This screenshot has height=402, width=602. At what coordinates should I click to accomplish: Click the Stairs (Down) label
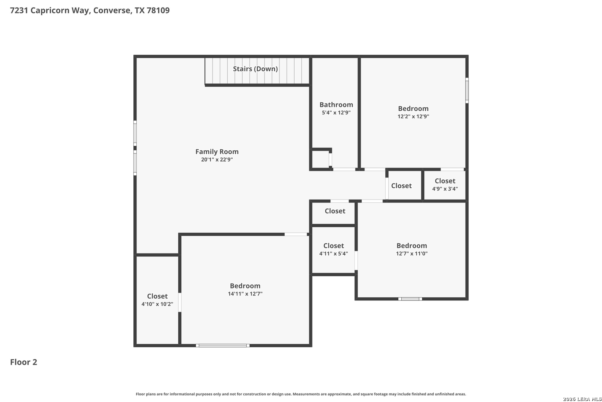tap(255, 69)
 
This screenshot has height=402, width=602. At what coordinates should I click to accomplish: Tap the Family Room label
tap(217, 152)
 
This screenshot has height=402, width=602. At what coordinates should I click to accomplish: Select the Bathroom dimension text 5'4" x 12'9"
tap(336, 112)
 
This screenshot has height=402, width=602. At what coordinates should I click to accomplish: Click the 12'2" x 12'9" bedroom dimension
tap(413, 116)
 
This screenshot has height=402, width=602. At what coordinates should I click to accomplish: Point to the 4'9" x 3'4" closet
tap(445, 185)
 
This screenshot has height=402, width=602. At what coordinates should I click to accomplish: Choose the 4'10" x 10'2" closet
tap(157, 300)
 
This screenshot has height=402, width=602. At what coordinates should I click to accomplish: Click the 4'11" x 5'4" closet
tap(333, 250)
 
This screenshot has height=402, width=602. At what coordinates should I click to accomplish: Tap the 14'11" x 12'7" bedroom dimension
tap(245, 293)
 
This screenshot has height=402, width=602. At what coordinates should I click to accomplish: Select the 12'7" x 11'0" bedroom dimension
tap(412, 253)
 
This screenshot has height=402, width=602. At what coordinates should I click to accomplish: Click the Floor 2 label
tap(24, 362)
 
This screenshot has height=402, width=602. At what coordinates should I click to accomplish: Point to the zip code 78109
tap(158, 10)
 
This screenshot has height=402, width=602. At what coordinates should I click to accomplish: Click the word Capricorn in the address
tap(59, 10)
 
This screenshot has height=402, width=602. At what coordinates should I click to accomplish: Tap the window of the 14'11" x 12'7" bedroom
tap(223, 345)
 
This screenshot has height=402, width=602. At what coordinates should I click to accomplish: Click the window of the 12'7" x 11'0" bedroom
tap(410, 299)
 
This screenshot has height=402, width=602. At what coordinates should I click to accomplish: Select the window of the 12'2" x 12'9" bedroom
tap(467, 90)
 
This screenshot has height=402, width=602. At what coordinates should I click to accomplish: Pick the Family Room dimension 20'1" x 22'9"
tap(217, 159)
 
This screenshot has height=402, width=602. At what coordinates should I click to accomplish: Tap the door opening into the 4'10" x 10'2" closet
tap(180, 302)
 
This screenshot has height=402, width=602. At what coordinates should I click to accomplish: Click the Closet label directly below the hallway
tap(335, 211)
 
